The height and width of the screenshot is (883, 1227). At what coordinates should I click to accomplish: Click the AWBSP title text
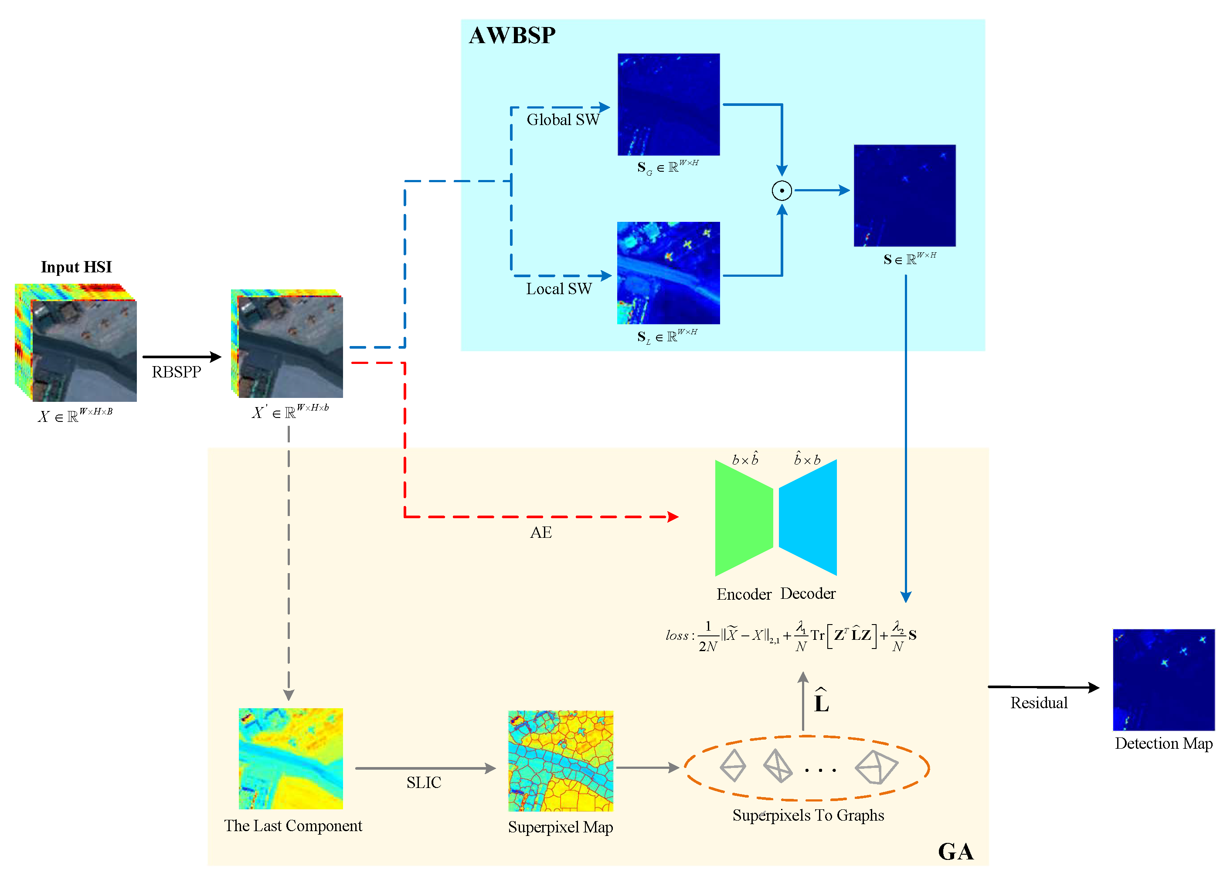(x=511, y=36)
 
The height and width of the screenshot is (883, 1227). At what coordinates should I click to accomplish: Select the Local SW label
(x=559, y=289)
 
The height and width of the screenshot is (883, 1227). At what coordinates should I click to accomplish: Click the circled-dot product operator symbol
(x=781, y=190)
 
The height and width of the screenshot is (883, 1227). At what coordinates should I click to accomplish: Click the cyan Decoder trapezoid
(x=808, y=518)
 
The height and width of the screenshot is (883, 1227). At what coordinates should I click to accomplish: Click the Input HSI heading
(x=76, y=267)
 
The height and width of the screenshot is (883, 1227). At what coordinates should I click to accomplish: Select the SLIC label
(x=424, y=782)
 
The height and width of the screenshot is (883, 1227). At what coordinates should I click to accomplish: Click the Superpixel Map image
(x=561, y=761)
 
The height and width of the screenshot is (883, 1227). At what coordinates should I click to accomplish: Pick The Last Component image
(x=291, y=758)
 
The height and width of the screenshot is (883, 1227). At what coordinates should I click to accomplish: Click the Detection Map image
(x=1163, y=679)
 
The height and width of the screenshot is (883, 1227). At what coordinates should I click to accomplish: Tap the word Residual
(x=1039, y=703)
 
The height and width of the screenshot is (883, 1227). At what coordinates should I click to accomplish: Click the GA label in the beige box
(x=955, y=852)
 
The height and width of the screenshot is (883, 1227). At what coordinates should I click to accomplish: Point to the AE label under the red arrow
(x=540, y=533)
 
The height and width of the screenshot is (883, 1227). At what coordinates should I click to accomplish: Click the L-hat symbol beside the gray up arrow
(x=821, y=702)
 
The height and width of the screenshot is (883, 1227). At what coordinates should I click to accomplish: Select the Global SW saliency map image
(x=668, y=105)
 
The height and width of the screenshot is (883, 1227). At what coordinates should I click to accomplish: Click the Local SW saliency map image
(x=668, y=273)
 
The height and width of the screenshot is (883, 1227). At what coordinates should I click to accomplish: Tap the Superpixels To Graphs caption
(x=808, y=815)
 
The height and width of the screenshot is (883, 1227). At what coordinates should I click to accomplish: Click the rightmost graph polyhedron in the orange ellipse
(x=875, y=767)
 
